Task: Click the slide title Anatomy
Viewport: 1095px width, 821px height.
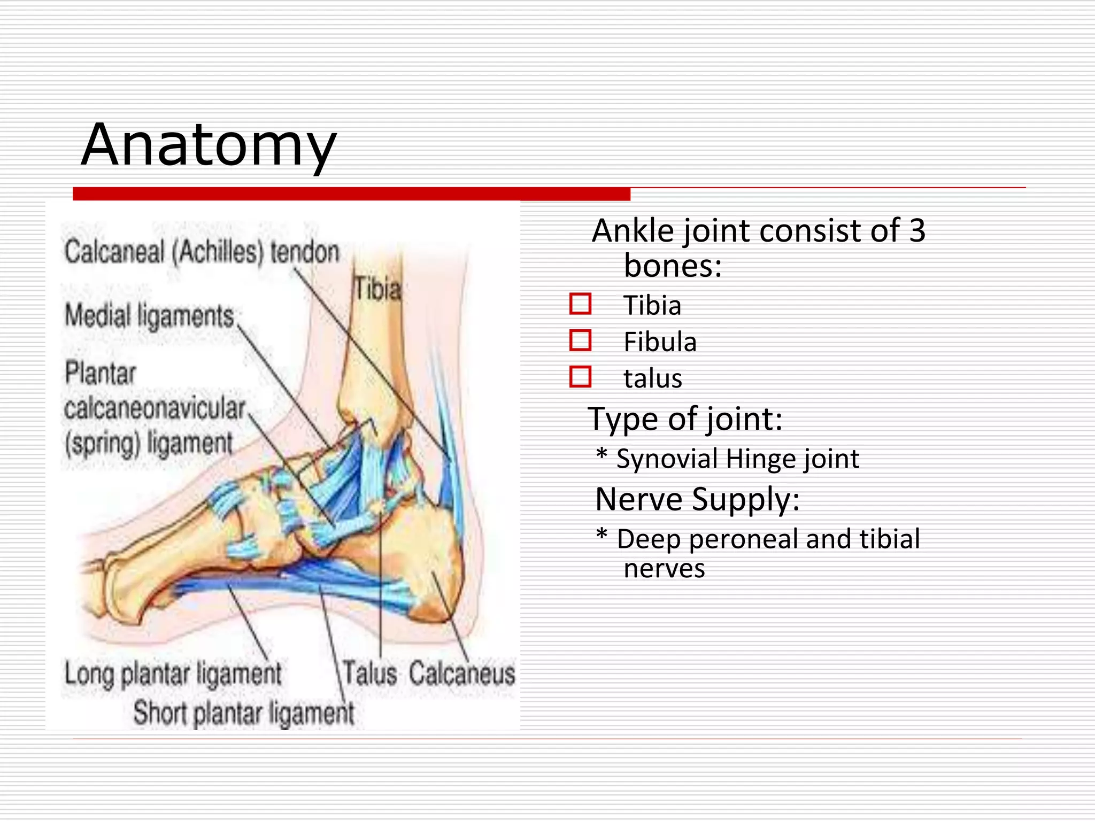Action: (209, 145)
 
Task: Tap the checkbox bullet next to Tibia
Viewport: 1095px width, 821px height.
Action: (580, 304)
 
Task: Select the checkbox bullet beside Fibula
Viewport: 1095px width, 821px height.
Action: (580, 340)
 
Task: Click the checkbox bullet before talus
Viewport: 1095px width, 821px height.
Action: (580, 376)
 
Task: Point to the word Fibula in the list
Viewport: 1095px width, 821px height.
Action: (660, 342)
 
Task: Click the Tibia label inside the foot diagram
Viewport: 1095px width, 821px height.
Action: (377, 289)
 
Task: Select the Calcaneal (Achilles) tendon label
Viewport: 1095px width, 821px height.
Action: (202, 252)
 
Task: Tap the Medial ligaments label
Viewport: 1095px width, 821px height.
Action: (150, 315)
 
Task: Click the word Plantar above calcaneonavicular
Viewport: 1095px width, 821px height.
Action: (100, 373)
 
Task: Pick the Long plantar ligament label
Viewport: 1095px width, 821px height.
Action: (173, 673)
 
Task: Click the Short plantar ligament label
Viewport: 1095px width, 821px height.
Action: (243, 713)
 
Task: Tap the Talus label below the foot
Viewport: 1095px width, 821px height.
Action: (369, 673)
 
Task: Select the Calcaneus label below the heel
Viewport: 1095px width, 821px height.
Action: (462, 673)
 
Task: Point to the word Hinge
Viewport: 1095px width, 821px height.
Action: (761, 459)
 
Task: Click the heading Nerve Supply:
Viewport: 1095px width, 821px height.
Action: (697, 499)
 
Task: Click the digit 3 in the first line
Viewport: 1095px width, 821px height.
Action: (917, 230)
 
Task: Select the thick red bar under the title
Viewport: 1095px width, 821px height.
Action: (351, 194)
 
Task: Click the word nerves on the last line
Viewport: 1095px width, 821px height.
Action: (664, 569)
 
